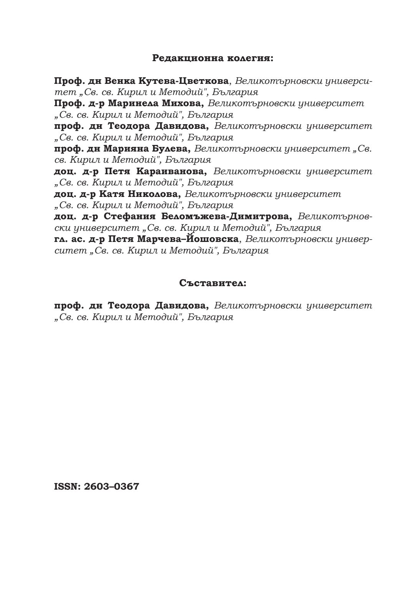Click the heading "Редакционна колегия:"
(x=212, y=58)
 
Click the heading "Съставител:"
(x=212, y=283)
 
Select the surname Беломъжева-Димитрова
(x=227, y=216)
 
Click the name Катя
(x=115, y=194)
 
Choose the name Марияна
(x=122, y=148)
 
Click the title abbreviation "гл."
(x=60, y=239)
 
